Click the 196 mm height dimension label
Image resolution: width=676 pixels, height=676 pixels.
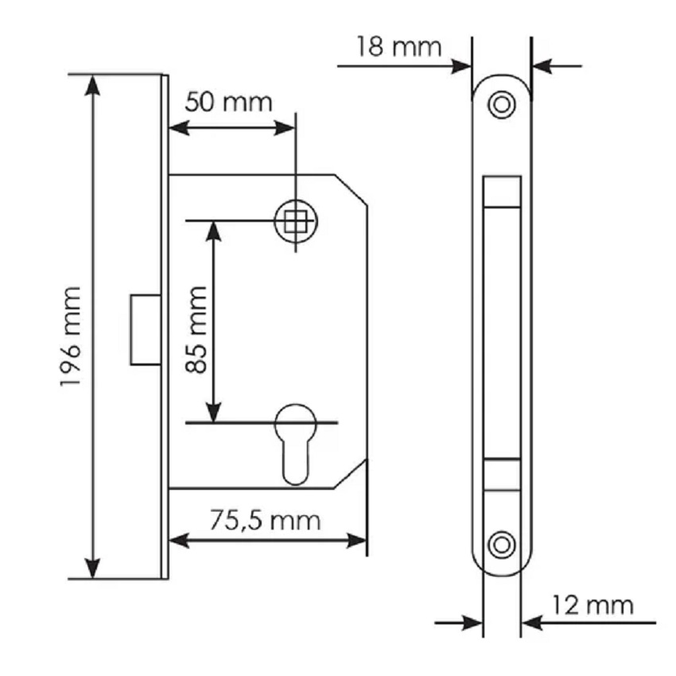71,336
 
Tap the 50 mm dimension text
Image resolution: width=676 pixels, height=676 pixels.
229,103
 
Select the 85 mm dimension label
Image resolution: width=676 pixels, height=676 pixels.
196,329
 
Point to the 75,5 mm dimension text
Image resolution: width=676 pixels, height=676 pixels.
265,520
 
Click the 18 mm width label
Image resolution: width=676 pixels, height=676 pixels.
399,47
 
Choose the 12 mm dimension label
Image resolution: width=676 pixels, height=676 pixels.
592,605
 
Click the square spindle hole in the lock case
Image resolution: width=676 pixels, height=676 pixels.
295,222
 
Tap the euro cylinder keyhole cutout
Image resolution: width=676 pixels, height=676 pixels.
296,444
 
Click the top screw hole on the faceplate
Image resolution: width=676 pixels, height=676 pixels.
501,104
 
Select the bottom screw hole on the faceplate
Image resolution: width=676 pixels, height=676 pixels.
501,545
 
